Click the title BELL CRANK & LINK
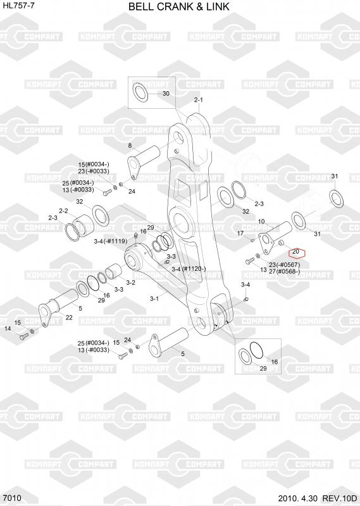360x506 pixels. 179,6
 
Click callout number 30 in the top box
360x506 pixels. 166,94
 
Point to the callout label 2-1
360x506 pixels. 199,100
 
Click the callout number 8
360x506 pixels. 130,145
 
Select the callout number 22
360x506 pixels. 69,318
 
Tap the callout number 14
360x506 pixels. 8,328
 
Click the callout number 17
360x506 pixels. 240,233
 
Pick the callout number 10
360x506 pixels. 261,221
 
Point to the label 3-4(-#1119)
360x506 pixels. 111,241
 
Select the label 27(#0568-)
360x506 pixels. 285,271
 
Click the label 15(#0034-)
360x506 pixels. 94,164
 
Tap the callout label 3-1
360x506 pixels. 154,299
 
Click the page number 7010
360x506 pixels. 12,498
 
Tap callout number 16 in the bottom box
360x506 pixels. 274,362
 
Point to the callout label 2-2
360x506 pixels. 63,211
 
